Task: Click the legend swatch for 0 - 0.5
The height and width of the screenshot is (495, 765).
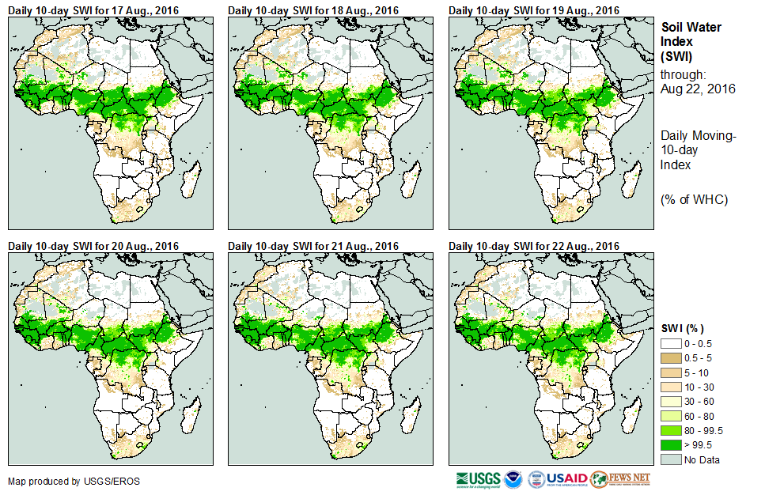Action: point(671,344)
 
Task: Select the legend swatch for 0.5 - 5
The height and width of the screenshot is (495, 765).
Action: point(671,358)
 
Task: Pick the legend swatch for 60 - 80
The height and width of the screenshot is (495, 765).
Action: point(671,416)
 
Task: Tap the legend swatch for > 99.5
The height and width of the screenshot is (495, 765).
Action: point(671,445)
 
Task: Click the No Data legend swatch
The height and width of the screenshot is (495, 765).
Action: point(671,459)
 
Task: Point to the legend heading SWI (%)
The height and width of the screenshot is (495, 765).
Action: point(682,328)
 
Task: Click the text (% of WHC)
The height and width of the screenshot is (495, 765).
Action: point(694,199)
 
